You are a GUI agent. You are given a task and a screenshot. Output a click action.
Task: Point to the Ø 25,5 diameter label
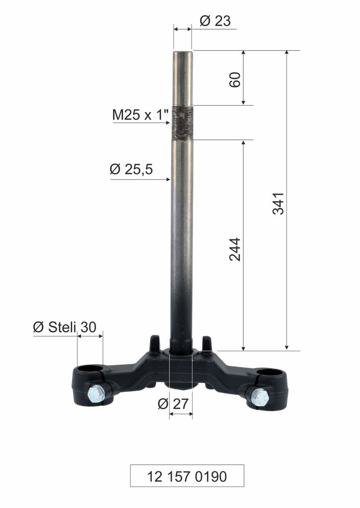pos(131,170)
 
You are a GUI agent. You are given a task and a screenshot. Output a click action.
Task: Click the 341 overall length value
pos(279,202)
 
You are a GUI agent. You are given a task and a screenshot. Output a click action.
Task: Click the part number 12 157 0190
pos(187,476)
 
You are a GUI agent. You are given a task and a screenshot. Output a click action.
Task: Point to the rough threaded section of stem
pos(182,123)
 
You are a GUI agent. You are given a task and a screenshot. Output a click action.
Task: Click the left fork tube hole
pos(90,369)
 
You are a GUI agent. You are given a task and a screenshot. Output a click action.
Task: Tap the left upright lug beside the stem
pos(155,342)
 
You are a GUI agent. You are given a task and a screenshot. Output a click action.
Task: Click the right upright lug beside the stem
pos(207,342)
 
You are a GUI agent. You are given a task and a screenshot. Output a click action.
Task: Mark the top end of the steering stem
pos(183,53)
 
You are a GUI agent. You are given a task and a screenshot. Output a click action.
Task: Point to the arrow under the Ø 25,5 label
pos(167,179)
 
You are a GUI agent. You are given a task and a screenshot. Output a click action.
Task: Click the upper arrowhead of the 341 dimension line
pos(287,54)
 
